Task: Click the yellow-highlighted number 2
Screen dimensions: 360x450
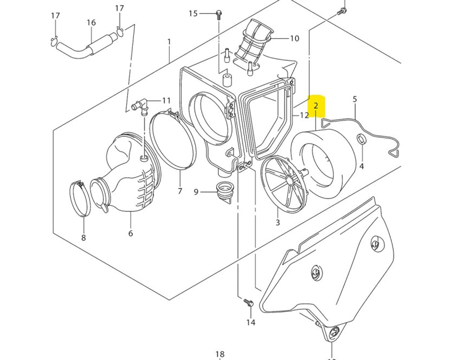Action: click(x=316, y=105)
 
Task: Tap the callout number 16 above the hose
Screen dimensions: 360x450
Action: click(x=91, y=23)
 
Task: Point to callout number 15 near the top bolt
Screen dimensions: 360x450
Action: click(x=193, y=14)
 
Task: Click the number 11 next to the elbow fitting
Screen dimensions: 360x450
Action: click(x=166, y=101)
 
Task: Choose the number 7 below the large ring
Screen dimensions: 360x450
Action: click(x=180, y=191)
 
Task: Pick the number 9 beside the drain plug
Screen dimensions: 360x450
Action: click(x=196, y=192)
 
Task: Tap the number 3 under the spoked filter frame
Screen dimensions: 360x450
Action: click(x=278, y=222)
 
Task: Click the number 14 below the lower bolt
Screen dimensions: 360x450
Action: click(x=251, y=322)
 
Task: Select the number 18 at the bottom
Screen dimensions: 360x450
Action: click(x=220, y=354)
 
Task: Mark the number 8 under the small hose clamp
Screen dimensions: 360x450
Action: click(x=83, y=238)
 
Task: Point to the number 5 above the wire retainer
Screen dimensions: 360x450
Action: click(x=355, y=99)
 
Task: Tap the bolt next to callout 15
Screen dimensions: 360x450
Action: click(x=218, y=14)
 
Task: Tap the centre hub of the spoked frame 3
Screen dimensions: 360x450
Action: click(x=290, y=180)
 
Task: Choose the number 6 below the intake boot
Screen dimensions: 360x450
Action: click(x=130, y=233)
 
